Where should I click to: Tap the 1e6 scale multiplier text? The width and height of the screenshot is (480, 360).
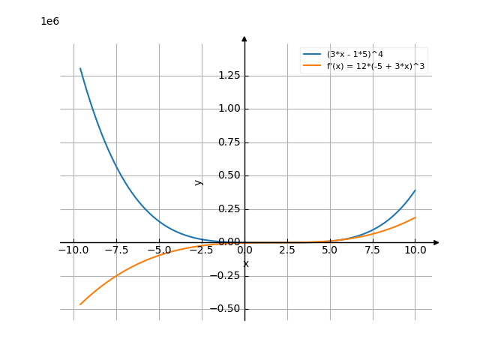pyautogui.click(x=49, y=21)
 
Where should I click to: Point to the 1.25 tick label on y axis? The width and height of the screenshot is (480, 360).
pyautogui.click(x=225, y=76)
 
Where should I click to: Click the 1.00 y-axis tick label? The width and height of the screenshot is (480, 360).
pyautogui.click(x=225, y=109)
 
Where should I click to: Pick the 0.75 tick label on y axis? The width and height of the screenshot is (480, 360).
pyautogui.click(x=225, y=142)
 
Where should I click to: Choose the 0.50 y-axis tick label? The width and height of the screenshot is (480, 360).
pyautogui.click(x=225, y=175)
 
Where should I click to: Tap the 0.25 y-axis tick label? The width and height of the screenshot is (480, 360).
pyautogui.click(x=225, y=209)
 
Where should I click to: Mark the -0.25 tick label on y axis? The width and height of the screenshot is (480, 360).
pyautogui.click(x=223, y=275)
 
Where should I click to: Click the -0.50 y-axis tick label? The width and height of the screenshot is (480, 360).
pyautogui.click(x=223, y=308)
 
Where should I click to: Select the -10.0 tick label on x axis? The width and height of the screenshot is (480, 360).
pyautogui.click(x=73, y=250)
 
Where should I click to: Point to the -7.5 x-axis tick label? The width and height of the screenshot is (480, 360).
pyautogui.click(x=116, y=250)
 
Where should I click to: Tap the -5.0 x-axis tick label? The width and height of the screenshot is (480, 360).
pyautogui.click(x=159, y=250)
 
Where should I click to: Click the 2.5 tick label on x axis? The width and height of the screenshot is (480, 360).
pyautogui.click(x=287, y=250)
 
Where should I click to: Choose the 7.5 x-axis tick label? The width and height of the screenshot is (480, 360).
pyautogui.click(x=373, y=250)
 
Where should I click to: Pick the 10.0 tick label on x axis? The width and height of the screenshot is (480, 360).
pyautogui.click(x=415, y=250)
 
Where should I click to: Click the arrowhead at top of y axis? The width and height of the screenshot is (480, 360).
pyautogui.click(x=244, y=37)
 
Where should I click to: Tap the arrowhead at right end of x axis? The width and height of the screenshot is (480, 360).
pyautogui.click(x=437, y=242)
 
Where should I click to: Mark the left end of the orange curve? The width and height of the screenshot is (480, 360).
pyautogui.click(x=79, y=305)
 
